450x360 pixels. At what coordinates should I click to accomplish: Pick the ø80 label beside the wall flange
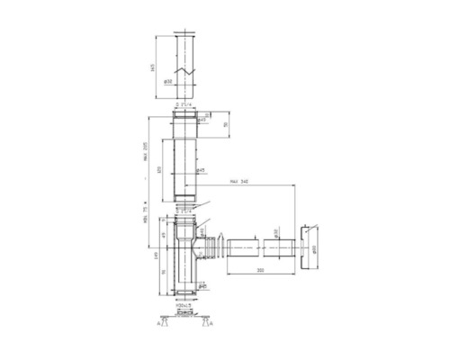[x=316, y=248]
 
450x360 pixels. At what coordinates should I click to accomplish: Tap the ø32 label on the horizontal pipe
[x=275, y=232]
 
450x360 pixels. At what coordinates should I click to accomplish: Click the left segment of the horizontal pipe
[x=242, y=247]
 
